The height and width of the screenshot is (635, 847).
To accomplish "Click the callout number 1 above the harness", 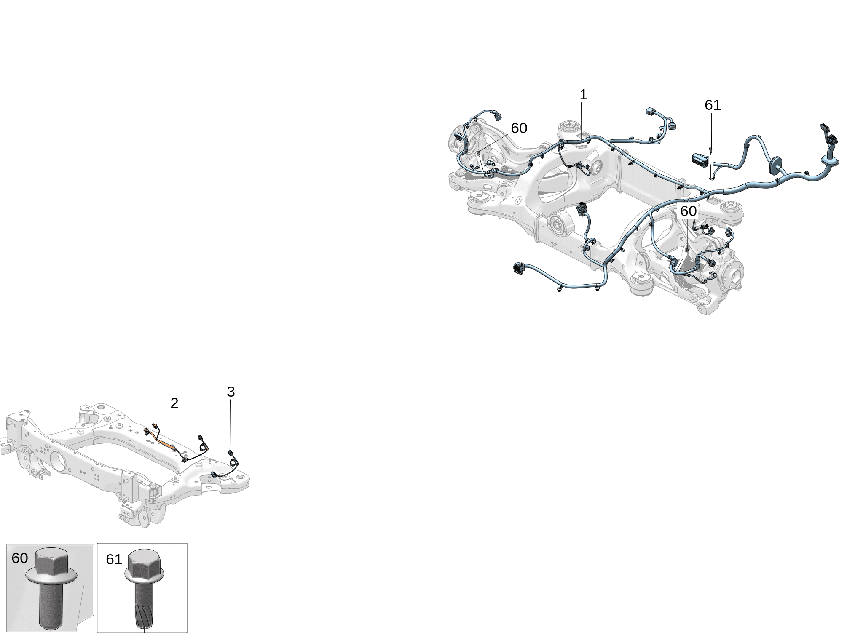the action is pyautogui.click(x=583, y=95).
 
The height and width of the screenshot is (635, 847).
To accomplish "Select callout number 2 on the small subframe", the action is pyautogui.click(x=174, y=403).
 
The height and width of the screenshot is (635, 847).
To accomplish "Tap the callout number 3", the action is pyautogui.click(x=231, y=392).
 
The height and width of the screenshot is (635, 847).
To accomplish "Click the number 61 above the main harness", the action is pyautogui.click(x=713, y=105).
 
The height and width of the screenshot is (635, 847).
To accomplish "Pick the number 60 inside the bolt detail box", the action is pyautogui.click(x=20, y=558).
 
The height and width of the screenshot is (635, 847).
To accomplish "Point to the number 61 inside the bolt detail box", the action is pyautogui.click(x=114, y=560).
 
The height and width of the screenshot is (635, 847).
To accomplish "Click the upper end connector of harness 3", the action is pyautogui.click(x=230, y=453).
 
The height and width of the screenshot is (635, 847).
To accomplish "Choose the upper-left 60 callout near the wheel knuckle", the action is pyautogui.click(x=519, y=128).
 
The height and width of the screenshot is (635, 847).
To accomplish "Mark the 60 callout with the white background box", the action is pyautogui.click(x=688, y=211).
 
